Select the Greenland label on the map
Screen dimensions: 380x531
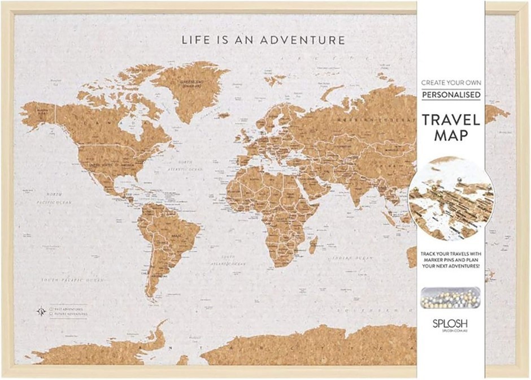(191, 83)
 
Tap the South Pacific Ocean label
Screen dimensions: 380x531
(76, 279)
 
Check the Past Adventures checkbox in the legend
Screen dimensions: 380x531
(51, 309)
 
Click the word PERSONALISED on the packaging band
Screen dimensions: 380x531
(451, 94)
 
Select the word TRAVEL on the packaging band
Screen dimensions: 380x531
(451, 120)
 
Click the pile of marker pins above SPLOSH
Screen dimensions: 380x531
(450, 297)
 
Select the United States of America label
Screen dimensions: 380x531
(111, 163)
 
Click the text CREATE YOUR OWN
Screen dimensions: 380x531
(451, 83)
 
